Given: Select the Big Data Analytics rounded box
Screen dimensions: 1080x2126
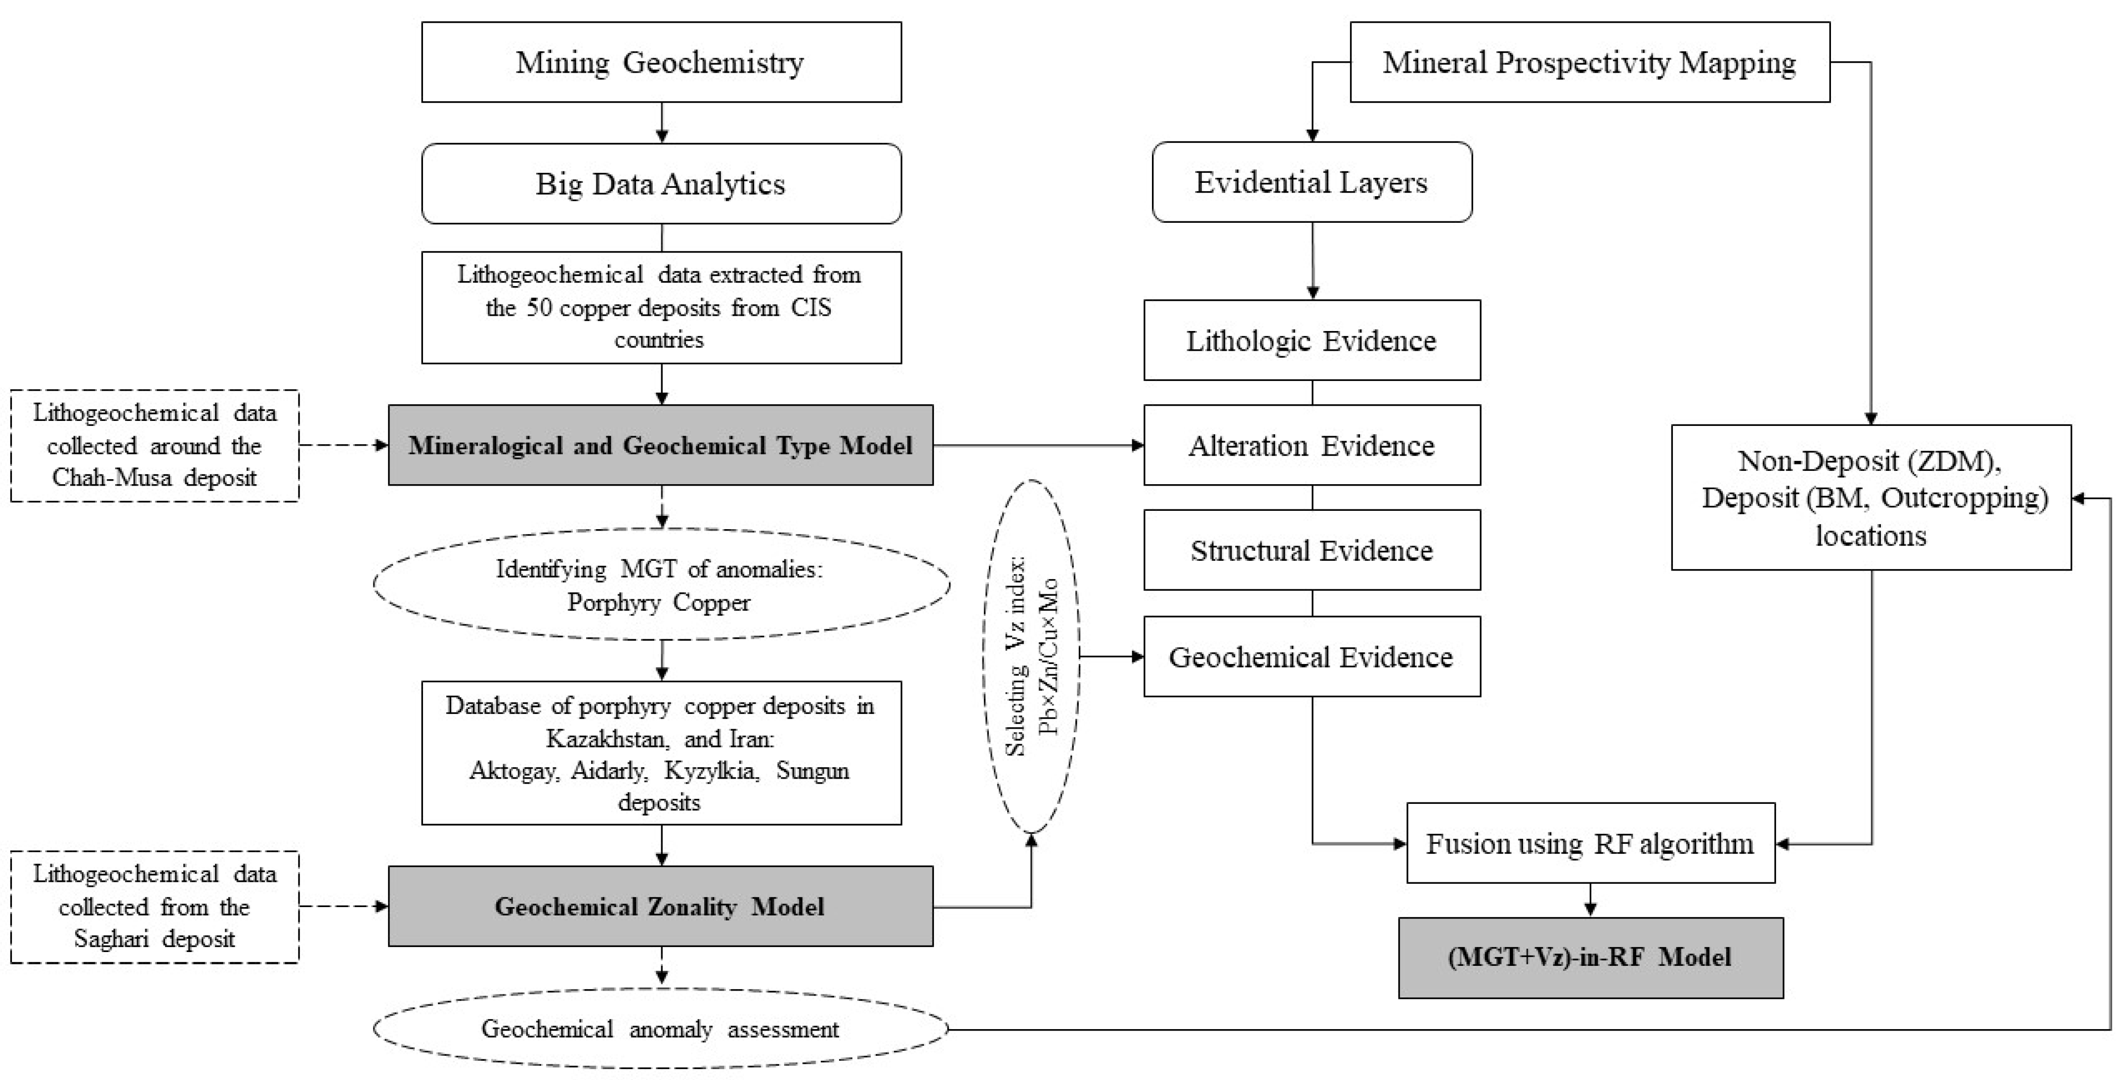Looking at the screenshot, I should (x=661, y=184).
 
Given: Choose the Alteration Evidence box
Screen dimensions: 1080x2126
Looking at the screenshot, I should (x=1312, y=446).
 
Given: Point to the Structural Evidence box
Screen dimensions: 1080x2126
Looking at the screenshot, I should (x=1312, y=550).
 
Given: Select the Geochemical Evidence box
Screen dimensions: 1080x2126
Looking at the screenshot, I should (x=1312, y=657).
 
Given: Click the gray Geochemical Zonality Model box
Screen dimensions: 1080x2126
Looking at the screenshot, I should (x=660, y=906).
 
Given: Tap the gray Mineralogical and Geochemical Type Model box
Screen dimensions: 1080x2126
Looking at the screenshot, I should (x=660, y=446).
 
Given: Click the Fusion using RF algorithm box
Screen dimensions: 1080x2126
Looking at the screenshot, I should (x=1589, y=843).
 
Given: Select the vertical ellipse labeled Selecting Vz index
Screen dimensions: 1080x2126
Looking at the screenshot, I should (x=1031, y=657).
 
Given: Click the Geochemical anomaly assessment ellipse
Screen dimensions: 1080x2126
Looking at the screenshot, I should (x=660, y=1029).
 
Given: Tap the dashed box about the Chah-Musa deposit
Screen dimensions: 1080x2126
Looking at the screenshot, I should (x=154, y=446).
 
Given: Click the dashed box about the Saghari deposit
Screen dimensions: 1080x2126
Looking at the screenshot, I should (x=154, y=907).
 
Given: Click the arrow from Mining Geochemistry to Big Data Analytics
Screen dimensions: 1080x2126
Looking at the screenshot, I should (x=661, y=123).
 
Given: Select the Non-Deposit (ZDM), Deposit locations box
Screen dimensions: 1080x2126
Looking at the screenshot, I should (x=1870, y=498).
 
